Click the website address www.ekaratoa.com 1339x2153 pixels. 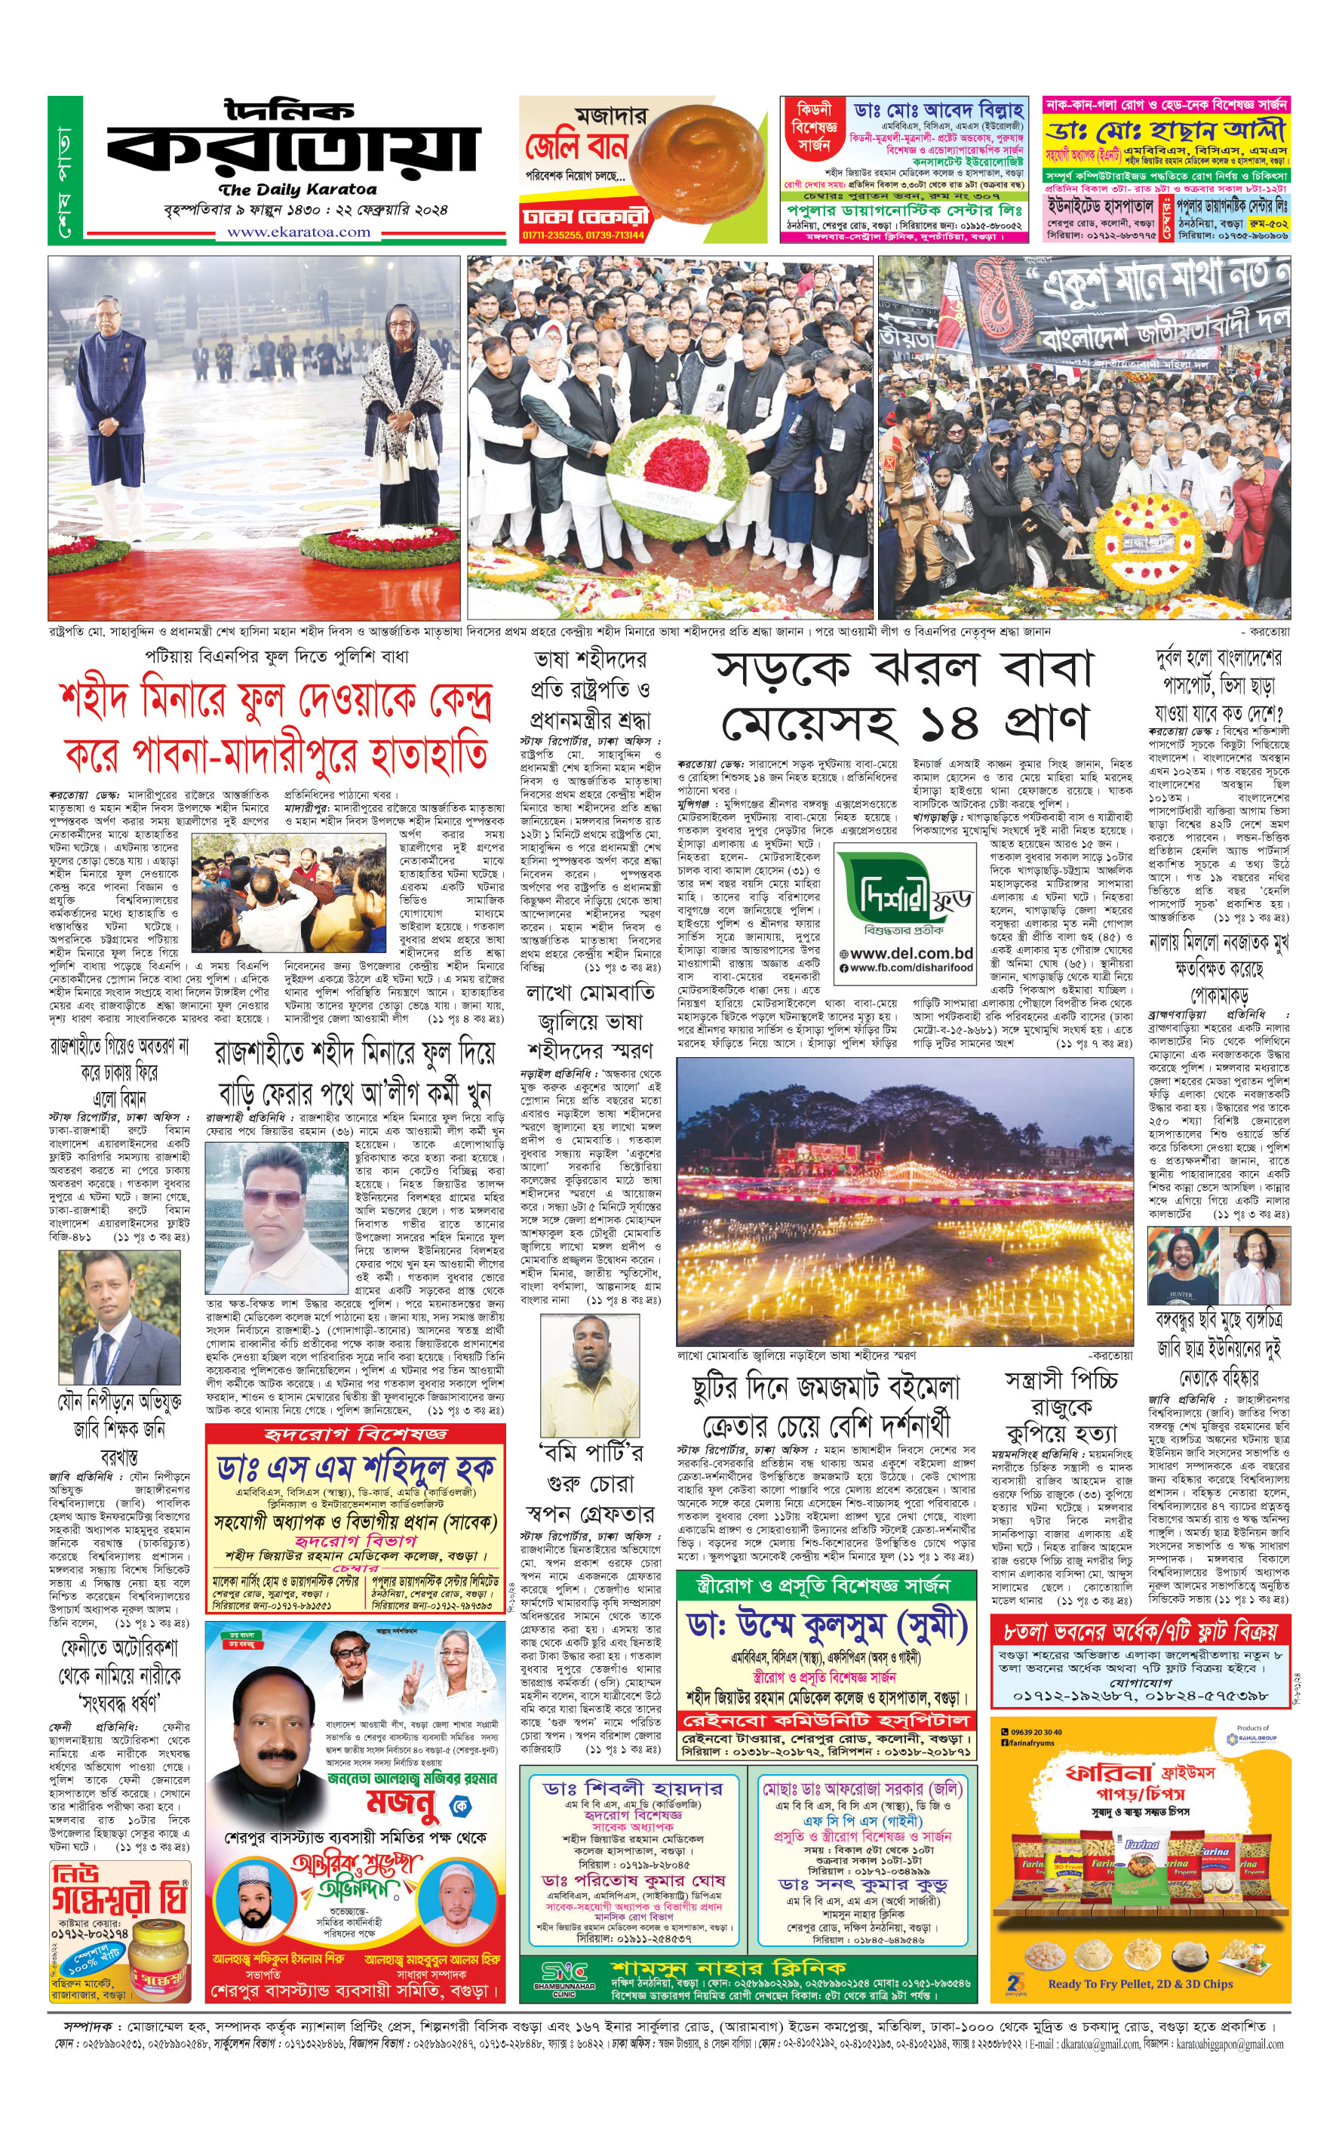click(x=299, y=232)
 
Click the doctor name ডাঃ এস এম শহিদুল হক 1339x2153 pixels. click(x=355, y=1468)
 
